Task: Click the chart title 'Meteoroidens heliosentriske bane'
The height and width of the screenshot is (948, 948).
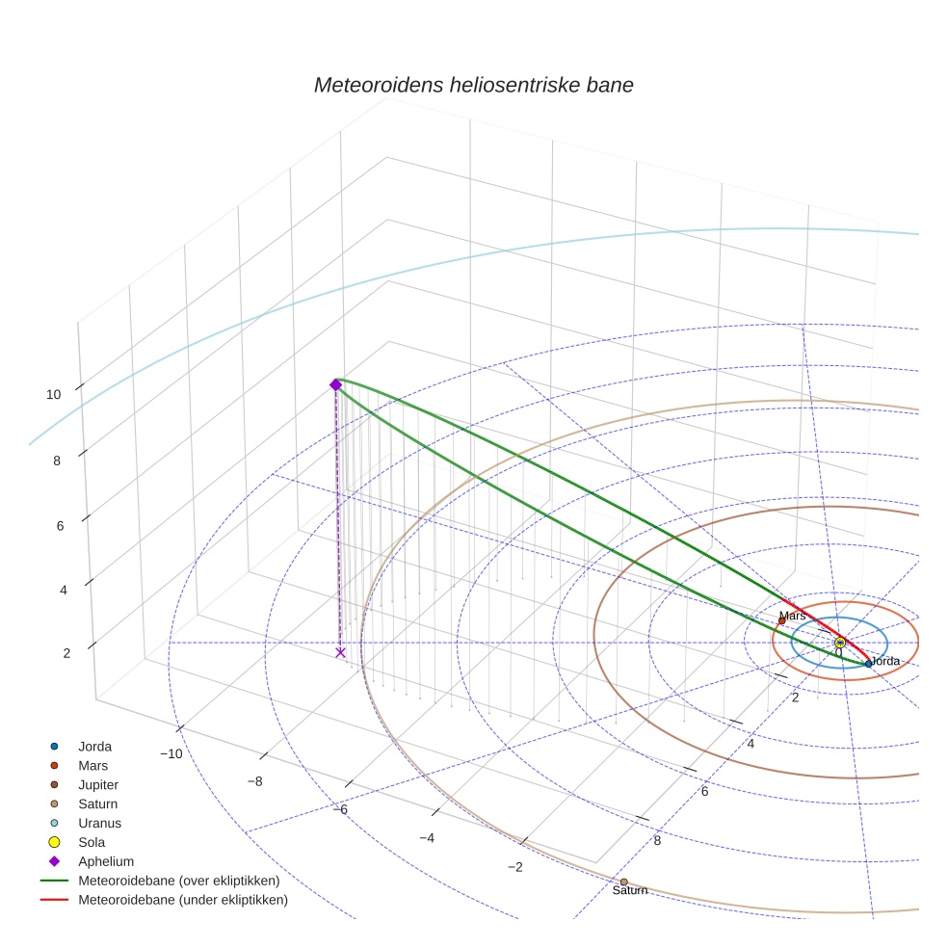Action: click(x=473, y=85)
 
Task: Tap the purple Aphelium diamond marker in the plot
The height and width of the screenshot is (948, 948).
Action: click(x=336, y=384)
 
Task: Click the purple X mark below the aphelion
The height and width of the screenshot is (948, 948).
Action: click(x=340, y=652)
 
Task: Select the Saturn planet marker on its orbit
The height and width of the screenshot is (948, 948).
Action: click(x=623, y=882)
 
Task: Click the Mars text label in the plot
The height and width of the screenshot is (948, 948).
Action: click(x=792, y=616)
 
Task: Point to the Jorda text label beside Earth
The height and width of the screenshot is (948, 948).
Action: click(x=884, y=661)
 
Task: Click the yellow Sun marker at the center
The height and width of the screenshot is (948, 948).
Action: click(x=840, y=642)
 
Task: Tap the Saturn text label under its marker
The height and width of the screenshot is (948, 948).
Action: click(x=630, y=891)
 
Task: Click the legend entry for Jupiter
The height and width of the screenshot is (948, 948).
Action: click(x=98, y=784)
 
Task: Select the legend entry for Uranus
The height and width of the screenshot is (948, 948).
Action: click(x=99, y=823)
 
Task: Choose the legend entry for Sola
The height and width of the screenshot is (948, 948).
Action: click(x=92, y=842)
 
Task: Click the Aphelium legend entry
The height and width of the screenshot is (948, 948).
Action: click(x=106, y=861)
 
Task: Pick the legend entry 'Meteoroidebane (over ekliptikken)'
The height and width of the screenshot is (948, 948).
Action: click(x=178, y=881)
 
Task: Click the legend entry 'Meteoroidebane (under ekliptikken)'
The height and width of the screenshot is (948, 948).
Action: click(x=183, y=900)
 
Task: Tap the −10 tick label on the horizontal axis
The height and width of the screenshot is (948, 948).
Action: click(x=171, y=753)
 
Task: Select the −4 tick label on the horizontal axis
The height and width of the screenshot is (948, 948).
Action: click(x=427, y=838)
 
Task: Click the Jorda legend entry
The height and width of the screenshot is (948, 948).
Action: click(x=94, y=746)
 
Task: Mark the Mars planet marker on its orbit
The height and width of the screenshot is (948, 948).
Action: click(x=781, y=620)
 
